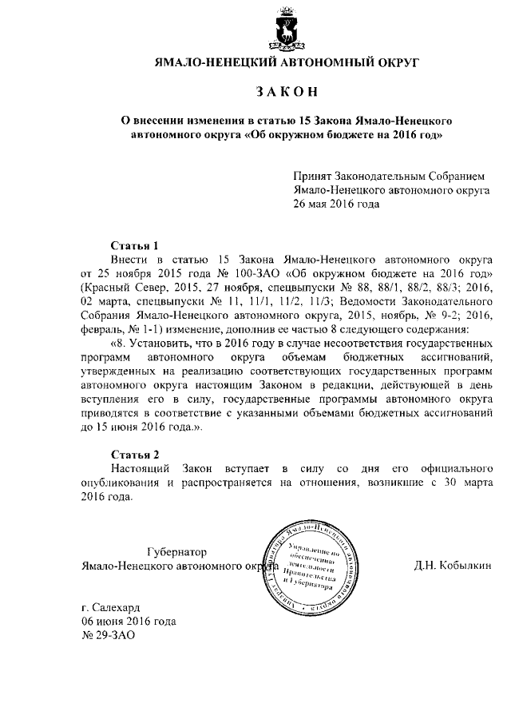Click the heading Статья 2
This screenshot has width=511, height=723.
pos(129,454)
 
